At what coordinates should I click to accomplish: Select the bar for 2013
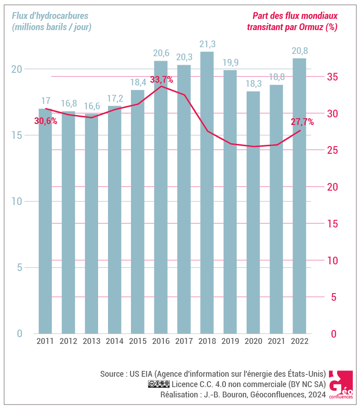pyautogui.click(x=91, y=225)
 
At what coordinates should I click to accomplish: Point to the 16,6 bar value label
pyautogui.click(x=91, y=106)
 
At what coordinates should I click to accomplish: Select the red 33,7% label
pyautogui.click(x=161, y=80)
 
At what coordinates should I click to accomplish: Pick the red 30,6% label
pyautogui.click(x=45, y=120)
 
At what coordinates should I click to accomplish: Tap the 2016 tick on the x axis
pyautogui.click(x=161, y=341)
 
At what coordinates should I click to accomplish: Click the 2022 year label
pyautogui.click(x=300, y=341)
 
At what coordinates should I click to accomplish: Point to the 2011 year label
pyautogui.click(x=45, y=341)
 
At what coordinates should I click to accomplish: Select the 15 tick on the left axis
pyautogui.click(x=17, y=135)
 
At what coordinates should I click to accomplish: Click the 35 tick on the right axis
pyautogui.click(x=333, y=77)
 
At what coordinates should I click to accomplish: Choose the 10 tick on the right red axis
pyautogui.click(x=333, y=261)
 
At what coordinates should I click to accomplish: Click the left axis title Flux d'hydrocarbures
pyautogui.click(x=50, y=16)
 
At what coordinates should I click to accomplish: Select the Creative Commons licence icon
pyautogui.click(x=158, y=384)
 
